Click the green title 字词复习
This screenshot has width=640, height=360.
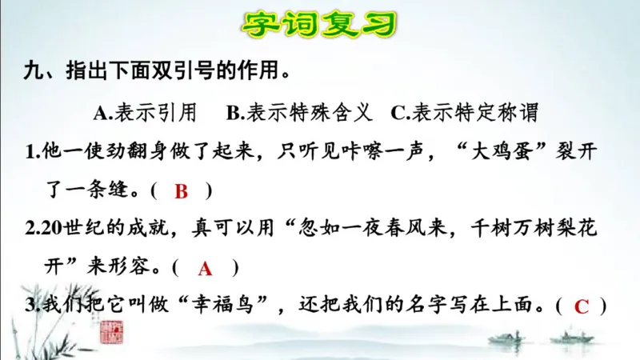click(x=319, y=25)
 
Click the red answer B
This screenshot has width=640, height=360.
click(x=181, y=191)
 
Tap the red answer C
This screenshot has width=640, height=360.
click(x=582, y=306)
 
